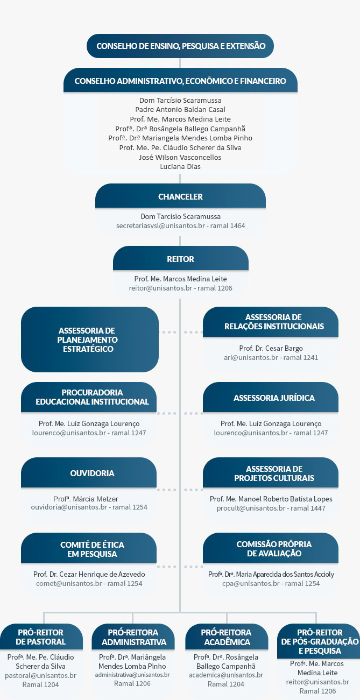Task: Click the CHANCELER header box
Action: (180, 196)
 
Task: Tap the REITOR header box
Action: (181, 258)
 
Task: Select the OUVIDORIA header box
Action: (89, 472)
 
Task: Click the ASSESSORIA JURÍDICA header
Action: (271, 397)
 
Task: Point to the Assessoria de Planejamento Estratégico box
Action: (90, 340)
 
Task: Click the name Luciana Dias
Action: (180, 167)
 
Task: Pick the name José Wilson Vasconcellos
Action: (180, 157)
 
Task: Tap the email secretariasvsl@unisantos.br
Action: (160, 225)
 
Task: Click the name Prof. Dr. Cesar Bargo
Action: (271, 348)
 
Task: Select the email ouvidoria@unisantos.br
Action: (69, 507)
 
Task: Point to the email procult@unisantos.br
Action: (251, 508)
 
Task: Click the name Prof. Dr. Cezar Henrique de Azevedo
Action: (89, 574)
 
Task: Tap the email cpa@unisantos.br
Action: (251, 583)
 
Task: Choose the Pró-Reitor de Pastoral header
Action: (41, 637)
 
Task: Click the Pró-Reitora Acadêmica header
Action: (227, 637)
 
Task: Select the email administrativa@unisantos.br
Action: (132, 675)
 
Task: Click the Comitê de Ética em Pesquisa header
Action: (89, 549)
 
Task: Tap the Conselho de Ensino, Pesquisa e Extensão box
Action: (180, 46)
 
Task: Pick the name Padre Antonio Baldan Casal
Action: (180, 109)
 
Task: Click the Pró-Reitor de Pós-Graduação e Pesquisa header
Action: (319, 641)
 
